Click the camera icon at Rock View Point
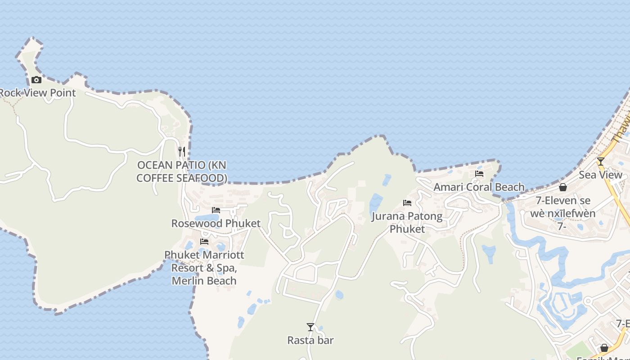[36, 80]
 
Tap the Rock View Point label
[38, 93]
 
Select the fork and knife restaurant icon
[182, 151]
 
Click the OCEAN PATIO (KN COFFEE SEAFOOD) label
[182, 171]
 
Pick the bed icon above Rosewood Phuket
[216, 210]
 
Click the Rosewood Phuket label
[216, 223]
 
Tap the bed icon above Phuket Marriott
[204, 242]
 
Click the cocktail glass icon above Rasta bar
[310, 327]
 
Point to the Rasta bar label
[310, 340]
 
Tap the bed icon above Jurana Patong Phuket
[407, 203]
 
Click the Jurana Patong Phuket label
[407, 222]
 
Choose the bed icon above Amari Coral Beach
[479, 174]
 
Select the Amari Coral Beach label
[479, 187]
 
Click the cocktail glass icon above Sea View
[601, 161]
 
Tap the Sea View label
[601, 175]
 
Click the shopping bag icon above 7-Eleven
[563, 187]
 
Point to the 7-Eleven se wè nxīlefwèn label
[563, 207]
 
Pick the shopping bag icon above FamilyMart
[604, 348]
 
